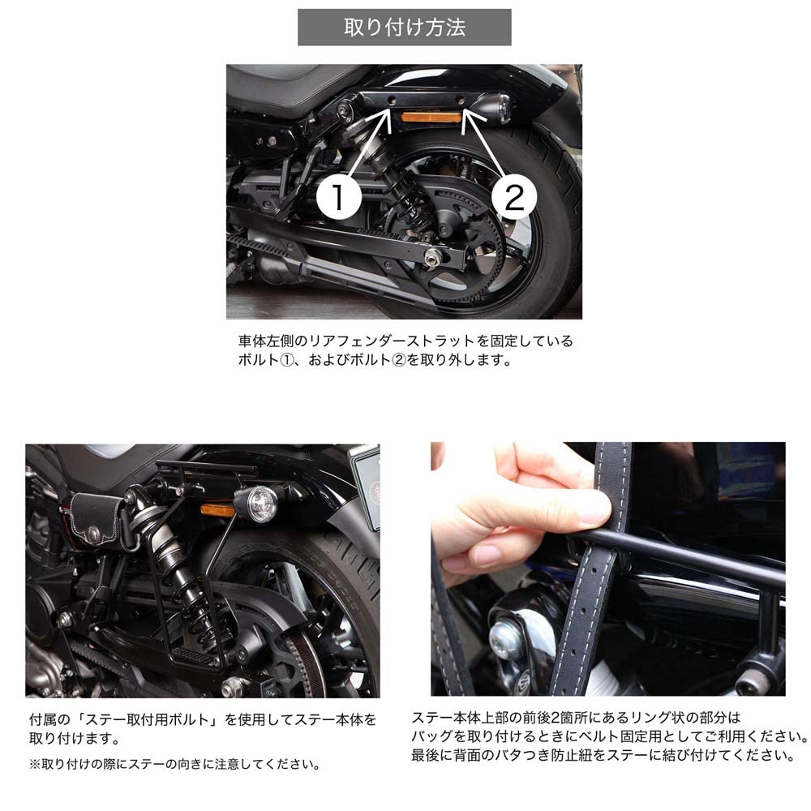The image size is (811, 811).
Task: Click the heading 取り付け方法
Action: (405, 28)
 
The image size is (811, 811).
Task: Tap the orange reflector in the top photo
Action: (431, 118)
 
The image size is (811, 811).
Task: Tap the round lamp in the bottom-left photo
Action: (261, 504)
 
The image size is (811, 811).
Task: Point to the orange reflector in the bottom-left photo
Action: (217, 509)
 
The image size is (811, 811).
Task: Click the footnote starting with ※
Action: (174, 763)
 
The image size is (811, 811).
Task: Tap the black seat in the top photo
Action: (292, 85)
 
